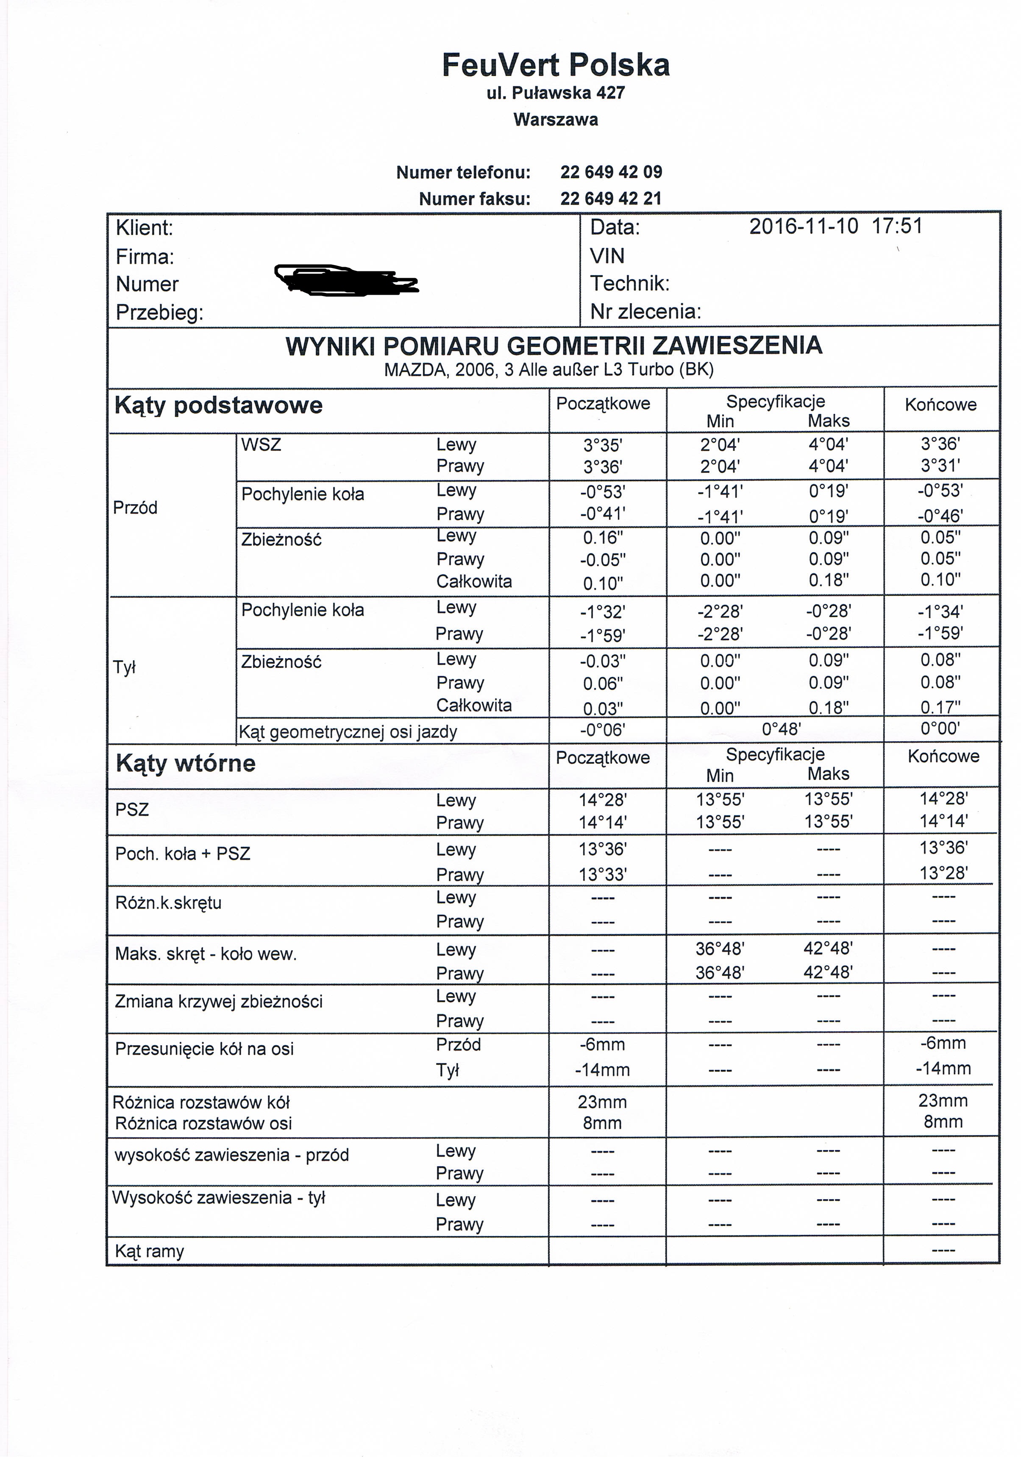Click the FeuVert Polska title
click(556, 65)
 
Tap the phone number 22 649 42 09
click(611, 172)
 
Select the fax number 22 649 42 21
click(611, 198)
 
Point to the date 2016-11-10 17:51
click(835, 226)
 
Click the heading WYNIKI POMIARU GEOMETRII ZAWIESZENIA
click(554, 346)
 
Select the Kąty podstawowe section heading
click(218, 405)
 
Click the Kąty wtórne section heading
click(185, 763)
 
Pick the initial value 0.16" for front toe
click(602, 538)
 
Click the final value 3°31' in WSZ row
click(940, 466)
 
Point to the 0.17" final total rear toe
click(940, 707)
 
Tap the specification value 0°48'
click(781, 729)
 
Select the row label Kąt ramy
click(150, 1251)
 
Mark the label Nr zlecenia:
click(645, 312)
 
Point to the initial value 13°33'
click(602, 874)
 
